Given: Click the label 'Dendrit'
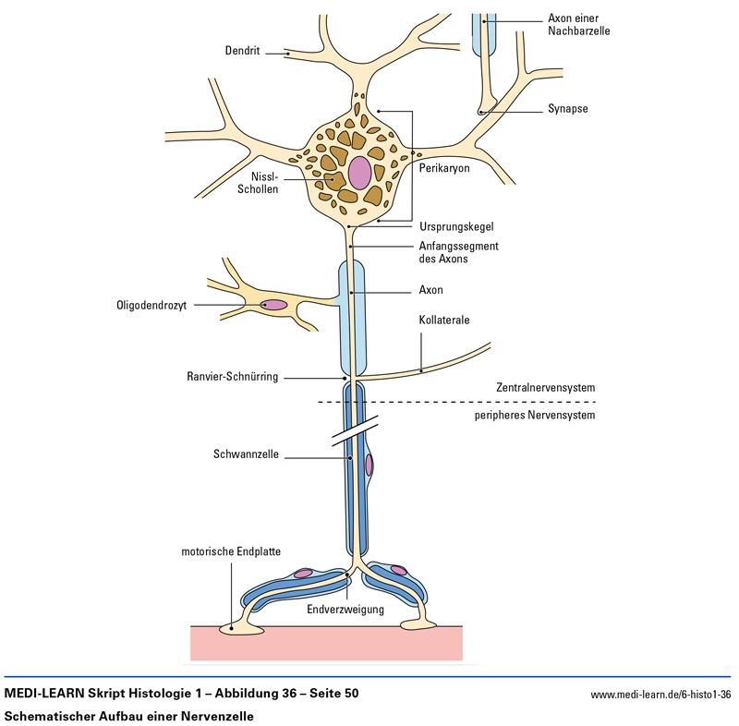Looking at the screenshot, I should click(x=243, y=49).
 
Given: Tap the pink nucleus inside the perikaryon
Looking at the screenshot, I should click(x=359, y=172).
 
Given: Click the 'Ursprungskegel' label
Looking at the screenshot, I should click(x=455, y=225).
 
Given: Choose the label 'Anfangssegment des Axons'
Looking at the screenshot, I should click(x=457, y=252).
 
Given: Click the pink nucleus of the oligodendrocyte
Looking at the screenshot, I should click(x=275, y=305).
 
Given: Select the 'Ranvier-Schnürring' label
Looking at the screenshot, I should click(x=232, y=377).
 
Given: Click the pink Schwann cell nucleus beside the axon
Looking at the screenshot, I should click(x=369, y=465).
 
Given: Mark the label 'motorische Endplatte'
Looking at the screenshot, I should click(x=229, y=551).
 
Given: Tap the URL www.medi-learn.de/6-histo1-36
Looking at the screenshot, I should click(x=660, y=694).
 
